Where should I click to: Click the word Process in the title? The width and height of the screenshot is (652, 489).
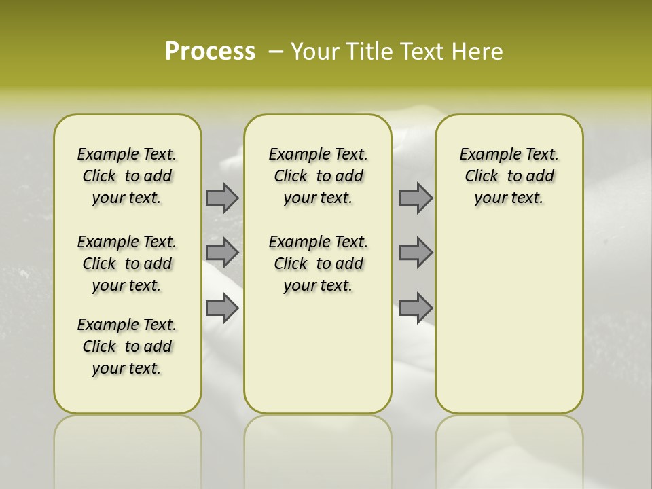(x=210, y=52)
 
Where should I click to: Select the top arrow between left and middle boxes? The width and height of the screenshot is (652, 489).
(x=222, y=198)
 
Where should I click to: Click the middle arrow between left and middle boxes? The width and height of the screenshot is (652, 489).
(x=222, y=253)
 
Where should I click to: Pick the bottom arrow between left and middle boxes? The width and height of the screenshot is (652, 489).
(x=222, y=308)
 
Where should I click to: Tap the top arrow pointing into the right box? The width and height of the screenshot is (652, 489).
(x=416, y=198)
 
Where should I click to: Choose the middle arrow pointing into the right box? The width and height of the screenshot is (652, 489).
(x=416, y=253)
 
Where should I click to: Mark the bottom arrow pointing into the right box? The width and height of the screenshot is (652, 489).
(x=416, y=308)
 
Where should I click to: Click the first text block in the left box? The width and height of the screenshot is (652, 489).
(x=127, y=176)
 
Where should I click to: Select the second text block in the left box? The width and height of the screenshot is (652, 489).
(x=127, y=264)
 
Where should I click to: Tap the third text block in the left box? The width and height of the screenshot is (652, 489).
(x=127, y=346)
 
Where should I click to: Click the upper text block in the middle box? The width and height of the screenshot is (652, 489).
(x=318, y=176)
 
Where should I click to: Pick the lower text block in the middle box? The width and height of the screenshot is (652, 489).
(x=318, y=264)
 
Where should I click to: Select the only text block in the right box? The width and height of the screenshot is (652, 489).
(x=509, y=176)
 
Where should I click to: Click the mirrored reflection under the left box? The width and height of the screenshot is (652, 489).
(x=128, y=448)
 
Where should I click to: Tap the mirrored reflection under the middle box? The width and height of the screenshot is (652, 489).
(x=318, y=448)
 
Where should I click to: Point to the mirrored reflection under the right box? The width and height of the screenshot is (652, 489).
(x=509, y=448)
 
